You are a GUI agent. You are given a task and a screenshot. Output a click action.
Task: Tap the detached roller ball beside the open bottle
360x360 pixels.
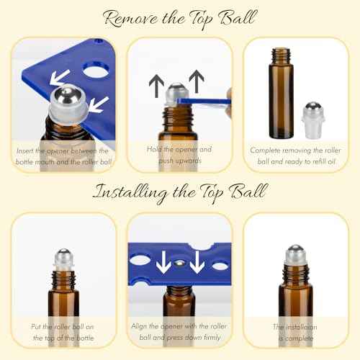(x=320, y=112)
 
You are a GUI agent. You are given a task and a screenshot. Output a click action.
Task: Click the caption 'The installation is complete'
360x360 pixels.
(x=300, y=330)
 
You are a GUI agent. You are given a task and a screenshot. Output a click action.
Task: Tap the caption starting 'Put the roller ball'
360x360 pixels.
(x=61, y=330)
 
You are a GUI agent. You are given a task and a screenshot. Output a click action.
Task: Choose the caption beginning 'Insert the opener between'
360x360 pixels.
(x=61, y=155)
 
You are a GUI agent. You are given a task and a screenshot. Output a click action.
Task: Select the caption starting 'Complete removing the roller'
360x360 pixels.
(x=300, y=155)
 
